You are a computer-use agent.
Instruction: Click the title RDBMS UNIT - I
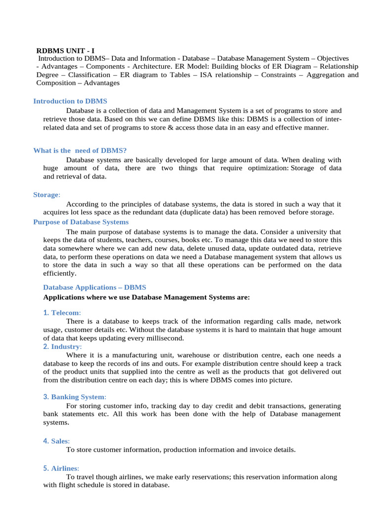tap(65, 50)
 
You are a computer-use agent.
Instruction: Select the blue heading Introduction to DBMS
tap(70, 101)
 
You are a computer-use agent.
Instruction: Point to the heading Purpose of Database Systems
tap(81, 222)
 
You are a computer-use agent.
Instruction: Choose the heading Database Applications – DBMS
tap(95, 287)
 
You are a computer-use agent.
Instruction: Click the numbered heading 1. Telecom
tap(62, 313)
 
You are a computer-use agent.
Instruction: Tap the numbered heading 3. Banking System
tap(75, 397)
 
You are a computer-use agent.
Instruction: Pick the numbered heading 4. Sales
tap(57, 441)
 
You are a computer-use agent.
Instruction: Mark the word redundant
tap(145, 212)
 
